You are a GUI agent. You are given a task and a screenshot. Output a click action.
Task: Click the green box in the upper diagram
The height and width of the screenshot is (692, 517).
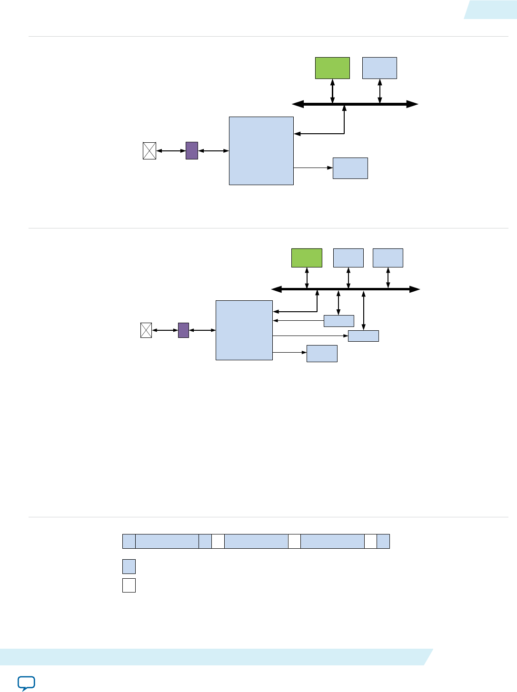click(x=332, y=68)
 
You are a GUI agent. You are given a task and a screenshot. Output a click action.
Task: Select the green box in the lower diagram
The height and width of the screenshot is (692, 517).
click(x=307, y=257)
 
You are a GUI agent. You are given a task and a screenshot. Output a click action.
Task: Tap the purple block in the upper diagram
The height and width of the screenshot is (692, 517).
click(x=192, y=150)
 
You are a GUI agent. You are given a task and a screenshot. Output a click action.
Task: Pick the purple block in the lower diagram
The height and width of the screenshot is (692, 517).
click(x=183, y=330)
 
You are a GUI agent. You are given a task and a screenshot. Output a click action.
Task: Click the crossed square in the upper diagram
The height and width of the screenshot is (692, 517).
click(x=149, y=151)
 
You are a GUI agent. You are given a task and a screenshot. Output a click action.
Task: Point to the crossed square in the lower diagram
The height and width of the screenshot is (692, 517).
click(x=146, y=330)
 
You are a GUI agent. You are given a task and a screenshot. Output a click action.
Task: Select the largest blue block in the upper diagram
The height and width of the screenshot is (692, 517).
click(x=261, y=150)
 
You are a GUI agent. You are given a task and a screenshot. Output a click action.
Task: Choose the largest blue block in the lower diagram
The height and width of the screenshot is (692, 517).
click(x=244, y=330)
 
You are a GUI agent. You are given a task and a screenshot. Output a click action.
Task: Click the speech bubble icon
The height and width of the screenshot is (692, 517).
click(x=26, y=683)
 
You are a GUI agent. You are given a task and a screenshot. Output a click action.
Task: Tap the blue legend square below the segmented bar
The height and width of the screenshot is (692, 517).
click(x=129, y=566)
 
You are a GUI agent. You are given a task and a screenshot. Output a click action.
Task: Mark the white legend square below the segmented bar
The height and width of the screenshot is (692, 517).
click(x=129, y=585)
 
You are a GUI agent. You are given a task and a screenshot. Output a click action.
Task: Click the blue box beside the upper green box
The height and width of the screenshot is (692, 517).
click(x=379, y=68)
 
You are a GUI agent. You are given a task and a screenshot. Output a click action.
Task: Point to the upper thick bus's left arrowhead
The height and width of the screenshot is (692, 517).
click(x=298, y=104)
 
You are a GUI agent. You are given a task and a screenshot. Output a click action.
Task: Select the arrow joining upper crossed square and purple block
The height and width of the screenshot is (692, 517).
click(x=171, y=151)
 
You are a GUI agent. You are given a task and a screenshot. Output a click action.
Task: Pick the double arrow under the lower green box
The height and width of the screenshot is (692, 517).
click(x=307, y=278)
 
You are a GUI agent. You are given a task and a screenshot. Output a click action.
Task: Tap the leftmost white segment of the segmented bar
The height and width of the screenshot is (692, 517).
click(x=218, y=541)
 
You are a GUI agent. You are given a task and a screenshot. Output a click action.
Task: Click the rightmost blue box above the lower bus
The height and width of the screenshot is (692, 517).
click(x=388, y=257)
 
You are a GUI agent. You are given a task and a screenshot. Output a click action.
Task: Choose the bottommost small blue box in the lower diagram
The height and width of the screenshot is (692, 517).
click(x=322, y=353)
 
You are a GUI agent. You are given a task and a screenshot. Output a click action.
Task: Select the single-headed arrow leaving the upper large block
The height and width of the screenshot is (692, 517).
click(x=313, y=168)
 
